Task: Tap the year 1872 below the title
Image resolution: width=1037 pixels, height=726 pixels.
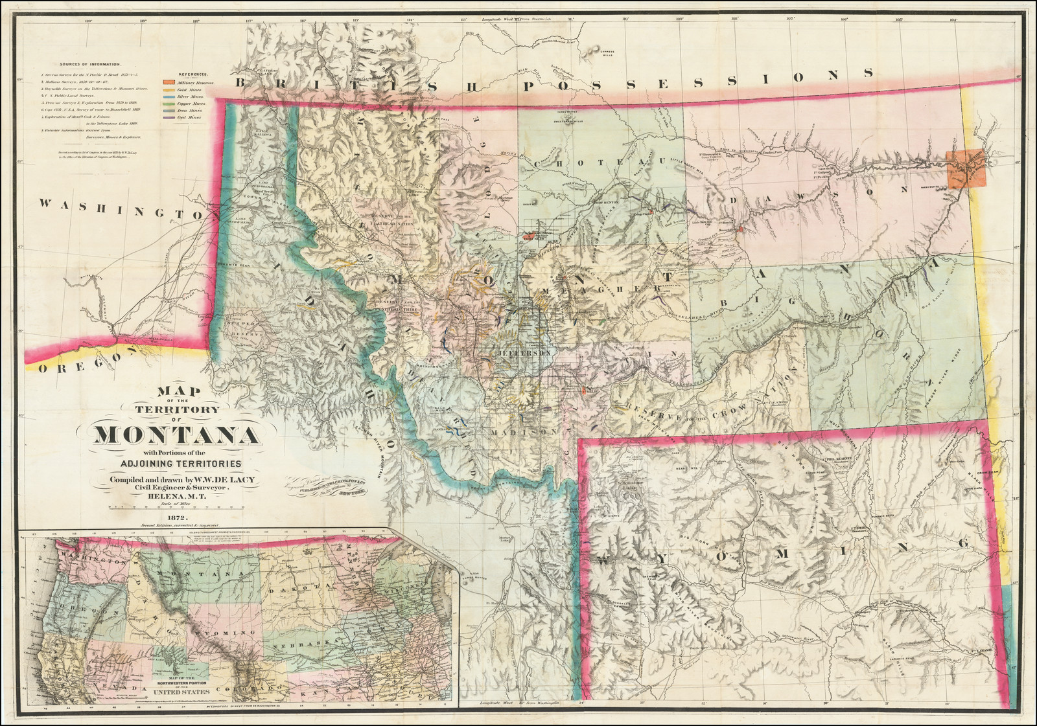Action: pyautogui.click(x=177, y=517)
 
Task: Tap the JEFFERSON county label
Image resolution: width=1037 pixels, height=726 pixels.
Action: pyautogui.click(x=516, y=354)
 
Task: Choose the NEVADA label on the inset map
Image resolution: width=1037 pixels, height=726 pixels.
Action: pyautogui.click(x=117, y=686)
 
